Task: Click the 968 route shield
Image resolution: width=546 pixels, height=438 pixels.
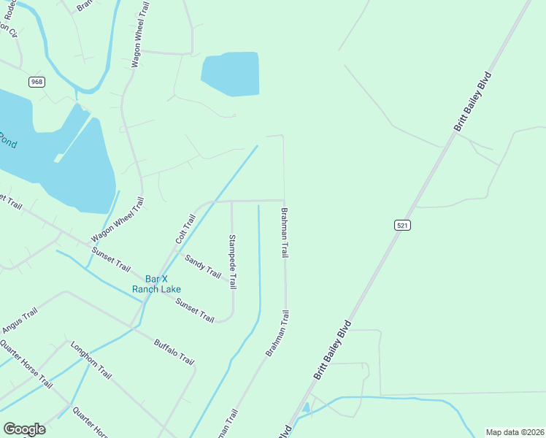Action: click(37, 82)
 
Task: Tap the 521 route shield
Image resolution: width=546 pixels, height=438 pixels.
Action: click(402, 226)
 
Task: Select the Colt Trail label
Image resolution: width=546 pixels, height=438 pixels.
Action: click(185, 228)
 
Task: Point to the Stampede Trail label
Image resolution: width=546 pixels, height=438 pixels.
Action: click(233, 261)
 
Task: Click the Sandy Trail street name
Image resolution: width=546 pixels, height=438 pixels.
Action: click(203, 266)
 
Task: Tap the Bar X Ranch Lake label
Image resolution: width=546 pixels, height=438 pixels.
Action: click(156, 284)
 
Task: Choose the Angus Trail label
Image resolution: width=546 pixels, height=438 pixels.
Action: click(19, 320)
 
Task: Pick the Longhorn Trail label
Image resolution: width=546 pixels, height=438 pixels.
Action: click(91, 360)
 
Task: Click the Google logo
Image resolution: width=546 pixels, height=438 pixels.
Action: click(24, 429)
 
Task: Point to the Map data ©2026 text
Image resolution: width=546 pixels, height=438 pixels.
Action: click(515, 432)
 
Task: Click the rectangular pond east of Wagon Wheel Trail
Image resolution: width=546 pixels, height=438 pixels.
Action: click(231, 73)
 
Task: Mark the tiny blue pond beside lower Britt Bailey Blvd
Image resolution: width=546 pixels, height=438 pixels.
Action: click(306, 407)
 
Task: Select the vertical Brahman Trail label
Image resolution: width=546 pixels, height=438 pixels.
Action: click(285, 231)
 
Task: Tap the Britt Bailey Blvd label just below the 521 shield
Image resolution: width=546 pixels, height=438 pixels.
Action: click(333, 349)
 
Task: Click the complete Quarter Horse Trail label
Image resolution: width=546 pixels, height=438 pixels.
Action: click(27, 363)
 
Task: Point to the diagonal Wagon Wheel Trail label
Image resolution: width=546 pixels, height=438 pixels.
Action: click(117, 220)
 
